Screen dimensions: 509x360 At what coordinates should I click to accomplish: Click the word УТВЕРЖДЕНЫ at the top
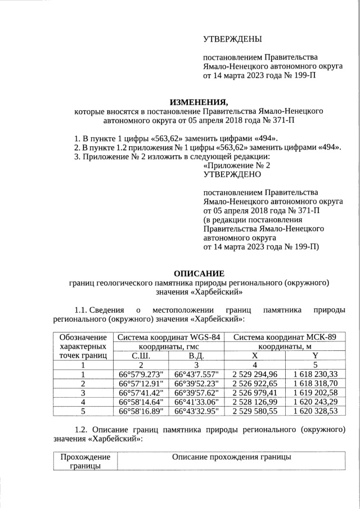pos(232,39)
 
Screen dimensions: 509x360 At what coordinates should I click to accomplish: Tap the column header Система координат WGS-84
pos(169,337)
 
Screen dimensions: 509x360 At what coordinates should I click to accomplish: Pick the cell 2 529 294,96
pos(254,374)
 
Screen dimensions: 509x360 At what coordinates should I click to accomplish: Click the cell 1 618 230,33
pos(316,374)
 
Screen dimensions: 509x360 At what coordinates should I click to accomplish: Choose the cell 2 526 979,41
pos(254,393)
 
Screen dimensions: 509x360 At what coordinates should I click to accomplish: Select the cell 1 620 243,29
pos(316,402)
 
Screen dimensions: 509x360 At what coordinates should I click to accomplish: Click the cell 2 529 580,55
pos(254,411)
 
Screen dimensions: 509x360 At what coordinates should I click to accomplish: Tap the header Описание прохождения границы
pos(231,457)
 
